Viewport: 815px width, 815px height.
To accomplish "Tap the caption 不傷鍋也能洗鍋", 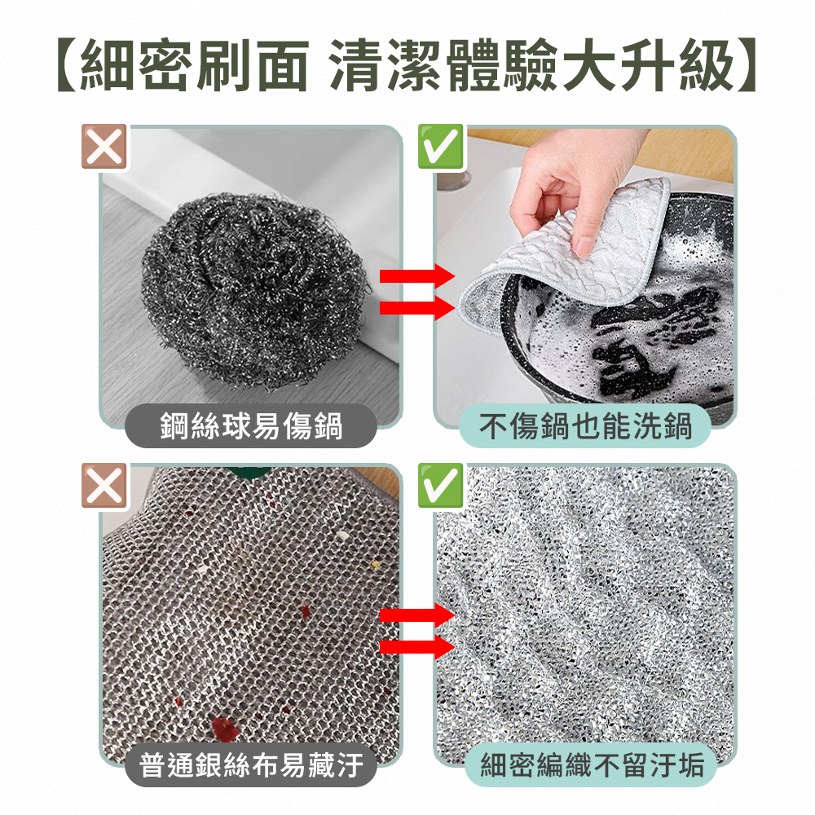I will (x=585, y=425).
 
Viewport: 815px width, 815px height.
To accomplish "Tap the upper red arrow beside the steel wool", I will (x=417, y=277).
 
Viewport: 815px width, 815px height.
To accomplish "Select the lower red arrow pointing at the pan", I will (x=417, y=307).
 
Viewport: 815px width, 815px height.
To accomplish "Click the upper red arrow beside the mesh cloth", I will (x=417, y=615).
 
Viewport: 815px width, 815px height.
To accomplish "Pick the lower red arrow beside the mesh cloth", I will (x=417, y=648).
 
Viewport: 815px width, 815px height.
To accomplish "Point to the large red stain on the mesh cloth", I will (x=222, y=728).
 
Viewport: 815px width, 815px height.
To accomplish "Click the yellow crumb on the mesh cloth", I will (x=375, y=563).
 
